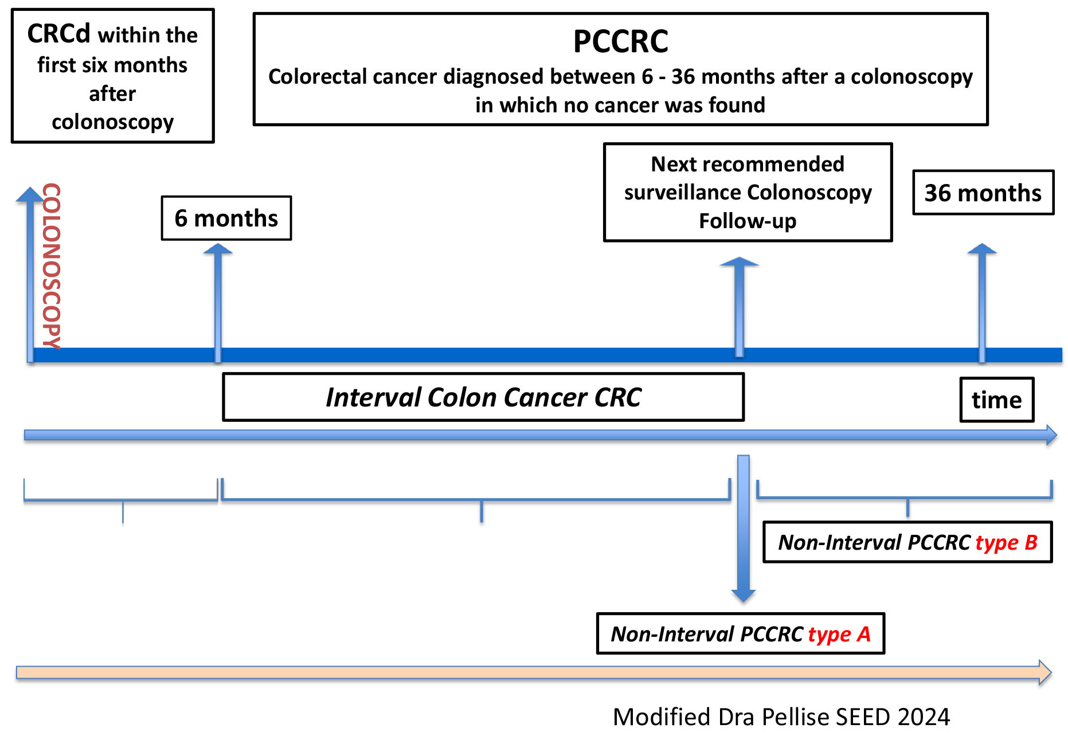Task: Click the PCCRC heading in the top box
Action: [621, 41]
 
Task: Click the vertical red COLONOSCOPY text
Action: [52, 266]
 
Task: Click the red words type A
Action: [840, 635]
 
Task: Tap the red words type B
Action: [1007, 543]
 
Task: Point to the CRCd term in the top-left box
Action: [58, 34]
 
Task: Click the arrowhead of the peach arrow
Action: [1045, 672]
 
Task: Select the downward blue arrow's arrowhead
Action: [744, 596]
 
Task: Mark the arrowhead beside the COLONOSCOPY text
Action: [30, 194]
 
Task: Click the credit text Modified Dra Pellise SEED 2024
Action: [781, 717]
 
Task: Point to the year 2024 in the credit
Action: [924, 717]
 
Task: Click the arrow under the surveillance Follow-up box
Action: [740, 307]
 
